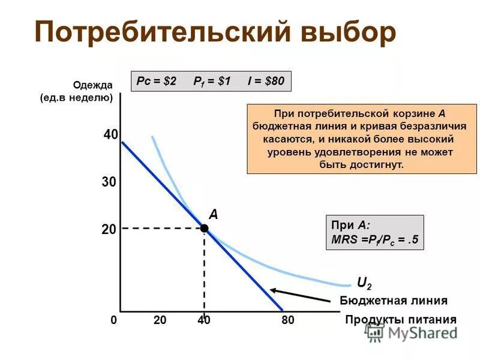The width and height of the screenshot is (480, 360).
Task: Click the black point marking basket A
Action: (x=205, y=228)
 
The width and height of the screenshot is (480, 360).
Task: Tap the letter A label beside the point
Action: (x=213, y=214)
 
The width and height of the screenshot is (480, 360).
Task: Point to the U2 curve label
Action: (x=364, y=282)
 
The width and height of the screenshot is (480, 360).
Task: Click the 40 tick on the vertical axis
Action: (x=110, y=136)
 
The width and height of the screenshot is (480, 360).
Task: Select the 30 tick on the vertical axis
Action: (x=109, y=182)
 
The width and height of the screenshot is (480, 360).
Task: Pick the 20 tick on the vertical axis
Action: (x=109, y=229)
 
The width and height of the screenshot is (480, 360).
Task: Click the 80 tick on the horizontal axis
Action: (x=288, y=320)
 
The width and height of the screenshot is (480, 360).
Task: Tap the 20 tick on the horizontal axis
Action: (x=160, y=320)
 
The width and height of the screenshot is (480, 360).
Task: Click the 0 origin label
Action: (x=113, y=320)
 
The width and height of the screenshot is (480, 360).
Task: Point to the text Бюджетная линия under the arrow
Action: (x=394, y=301)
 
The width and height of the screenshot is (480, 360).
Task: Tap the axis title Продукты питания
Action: (x=401, y=320)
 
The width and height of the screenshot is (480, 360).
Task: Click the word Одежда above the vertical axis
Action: (x=93, y=85)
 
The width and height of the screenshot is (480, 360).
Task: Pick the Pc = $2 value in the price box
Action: (x=157, y=81)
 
